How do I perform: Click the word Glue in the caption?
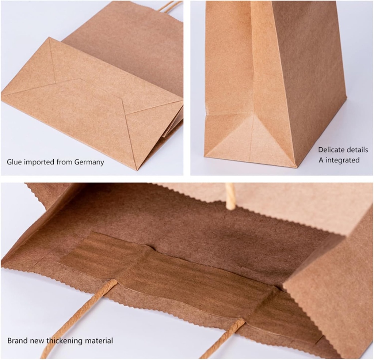(14, 162)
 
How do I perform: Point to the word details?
(356, 150)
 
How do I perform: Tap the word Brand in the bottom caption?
(16, 341)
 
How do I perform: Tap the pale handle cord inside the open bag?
(230, 196)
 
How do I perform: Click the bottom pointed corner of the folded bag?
(136, 169)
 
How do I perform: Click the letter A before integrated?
(320, 160)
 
